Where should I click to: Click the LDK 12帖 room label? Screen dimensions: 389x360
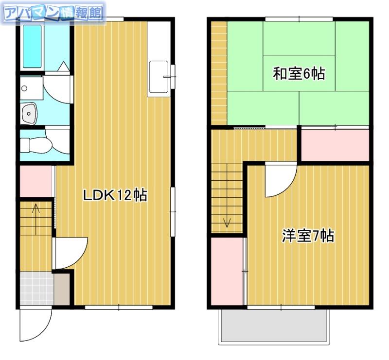click(115, 195)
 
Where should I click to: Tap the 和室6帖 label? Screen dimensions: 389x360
click(299, 74)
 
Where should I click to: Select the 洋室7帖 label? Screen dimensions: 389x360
click(308, 236)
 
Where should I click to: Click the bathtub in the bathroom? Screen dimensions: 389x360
click(32, 46)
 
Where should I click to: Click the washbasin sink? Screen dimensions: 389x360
click(29, 114)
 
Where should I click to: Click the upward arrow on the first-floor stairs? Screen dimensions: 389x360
click(36, 219)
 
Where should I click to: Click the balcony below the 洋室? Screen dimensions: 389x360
click(274, 326)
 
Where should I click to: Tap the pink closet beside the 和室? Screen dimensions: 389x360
click(335, 145)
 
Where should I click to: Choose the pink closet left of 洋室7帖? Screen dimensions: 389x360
click(227, 271)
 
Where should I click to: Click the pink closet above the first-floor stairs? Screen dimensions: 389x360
click(35, 182)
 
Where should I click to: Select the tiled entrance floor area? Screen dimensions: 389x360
click(36, 289)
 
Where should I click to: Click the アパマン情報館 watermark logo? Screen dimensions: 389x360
click(53, 13)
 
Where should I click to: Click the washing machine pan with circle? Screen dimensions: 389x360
click(32, 88)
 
